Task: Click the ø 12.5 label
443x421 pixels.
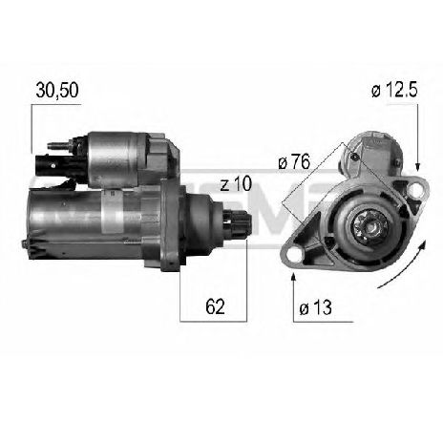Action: (395, 91)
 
